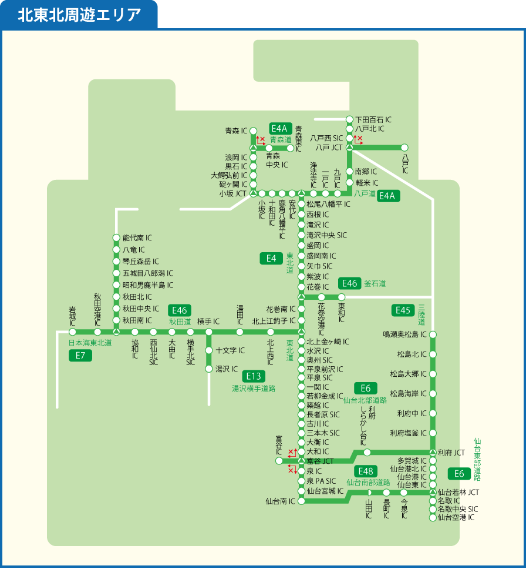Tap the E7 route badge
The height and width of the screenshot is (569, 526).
pyautogui.click(x=80, y=355)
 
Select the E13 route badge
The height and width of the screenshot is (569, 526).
pyautogui.click(x=254, y=376)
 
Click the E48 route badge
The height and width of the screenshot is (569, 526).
pyautogui.click(x=365, y=471)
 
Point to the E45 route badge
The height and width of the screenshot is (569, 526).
pyautogui.click(x=403, y=310)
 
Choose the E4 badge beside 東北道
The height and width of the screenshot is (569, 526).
pyautogui.click(x=271, y=258)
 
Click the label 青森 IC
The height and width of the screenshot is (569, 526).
pyautogui.click(x=237, y=130)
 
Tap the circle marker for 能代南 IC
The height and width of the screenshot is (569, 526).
pyautogui.click(x=116, y=238)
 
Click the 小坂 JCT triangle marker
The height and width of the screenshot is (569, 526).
pyautogui.click(x=253, y=193)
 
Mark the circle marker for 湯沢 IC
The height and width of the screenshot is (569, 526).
pyautogui.click(x=208, y=369)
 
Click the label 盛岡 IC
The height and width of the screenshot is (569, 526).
pyautogui.click(x=318, y=245)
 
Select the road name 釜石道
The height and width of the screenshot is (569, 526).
pyautogui.click(x=375, y=283)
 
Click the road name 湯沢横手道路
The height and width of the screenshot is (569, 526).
pyautogui.click(x=254, y=388)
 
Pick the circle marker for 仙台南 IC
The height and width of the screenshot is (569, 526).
pyautogui.click(x=301, y=501)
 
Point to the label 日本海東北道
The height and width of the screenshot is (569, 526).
pyautogui.click(x=90, y=343)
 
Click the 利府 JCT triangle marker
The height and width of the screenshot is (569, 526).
pyautogui.click(x=433, y=452)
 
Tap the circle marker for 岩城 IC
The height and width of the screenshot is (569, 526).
pyautogui.click(x=72, y=332)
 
